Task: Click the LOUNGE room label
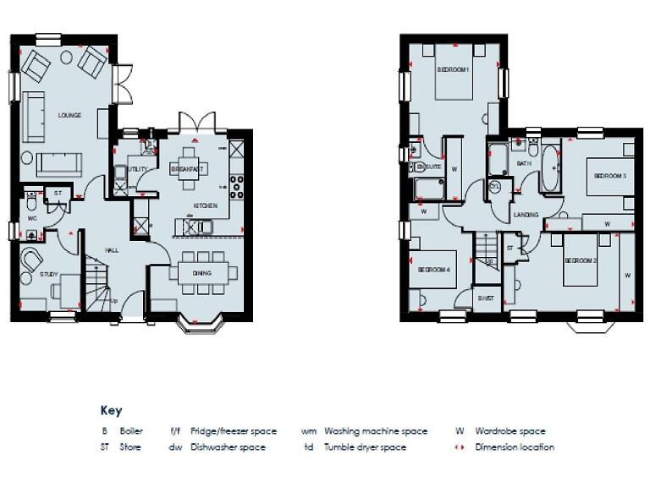69,115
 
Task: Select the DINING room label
201,273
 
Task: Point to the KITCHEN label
206,205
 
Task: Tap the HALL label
111,249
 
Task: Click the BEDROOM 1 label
453,70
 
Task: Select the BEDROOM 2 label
581,260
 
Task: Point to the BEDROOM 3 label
609,176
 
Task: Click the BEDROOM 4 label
433,271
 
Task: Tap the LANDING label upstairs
526,216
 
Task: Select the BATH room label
524,162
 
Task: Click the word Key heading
111,411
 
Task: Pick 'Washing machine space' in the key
376,431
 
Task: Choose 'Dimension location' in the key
515,447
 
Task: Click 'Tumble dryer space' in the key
365,447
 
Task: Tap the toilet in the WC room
30,203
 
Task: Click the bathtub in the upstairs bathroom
549,169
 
